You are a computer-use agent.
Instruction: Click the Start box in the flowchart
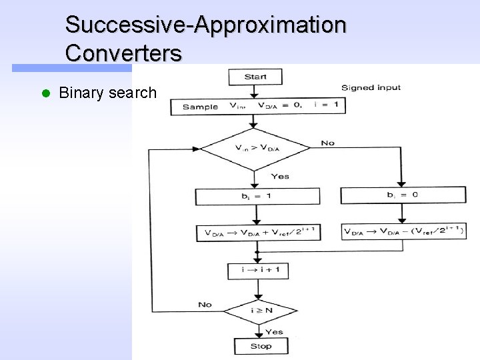click(255, 77)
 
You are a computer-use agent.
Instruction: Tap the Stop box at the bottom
click(261, 346)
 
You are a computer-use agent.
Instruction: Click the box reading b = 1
click(257, 196)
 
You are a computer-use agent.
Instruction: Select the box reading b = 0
click(403, 195)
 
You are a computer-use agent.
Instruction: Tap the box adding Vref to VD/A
click(257, 233)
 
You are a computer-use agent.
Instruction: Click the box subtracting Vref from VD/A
click(403, 231)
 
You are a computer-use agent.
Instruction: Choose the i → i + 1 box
click(257, 271)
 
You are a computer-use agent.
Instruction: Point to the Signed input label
click(371, 87)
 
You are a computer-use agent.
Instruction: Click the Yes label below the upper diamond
click(280, 176)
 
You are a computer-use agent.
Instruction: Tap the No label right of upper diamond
click(327, 143)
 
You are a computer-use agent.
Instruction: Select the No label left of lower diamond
click(205, 304)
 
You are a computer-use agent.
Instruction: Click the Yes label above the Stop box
click(273, 331)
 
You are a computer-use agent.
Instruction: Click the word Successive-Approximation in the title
click(205, 25)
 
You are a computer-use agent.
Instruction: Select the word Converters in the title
click(123, 53)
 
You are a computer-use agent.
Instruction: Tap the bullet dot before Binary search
click(45, 93)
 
